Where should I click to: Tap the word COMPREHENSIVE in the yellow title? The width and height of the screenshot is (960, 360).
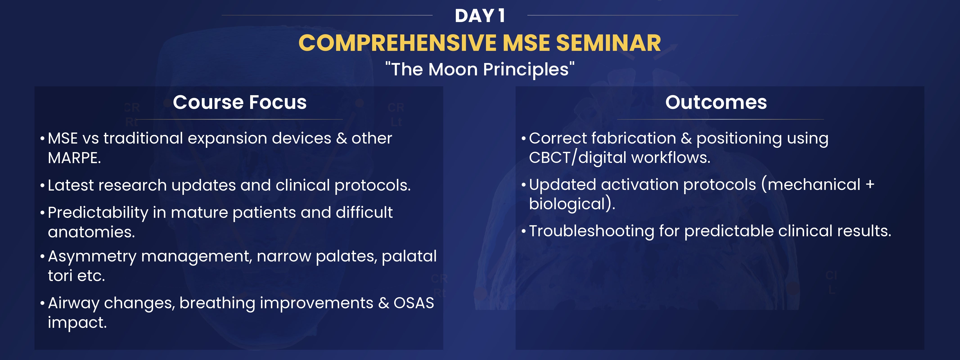(x=398, y=43)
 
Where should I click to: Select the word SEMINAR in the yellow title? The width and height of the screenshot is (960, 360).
(x=608, y=43)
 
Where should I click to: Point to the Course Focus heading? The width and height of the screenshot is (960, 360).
(x=240, y=102)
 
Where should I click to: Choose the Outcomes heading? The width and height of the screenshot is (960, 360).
(x=716, y=102)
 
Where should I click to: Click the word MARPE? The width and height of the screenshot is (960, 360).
(x=74, y=158)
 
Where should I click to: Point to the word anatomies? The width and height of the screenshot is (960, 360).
(x=91, y=232)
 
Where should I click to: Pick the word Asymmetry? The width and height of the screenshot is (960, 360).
(x=92, y=257)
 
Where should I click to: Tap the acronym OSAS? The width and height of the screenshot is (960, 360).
(x=414, y=303)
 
